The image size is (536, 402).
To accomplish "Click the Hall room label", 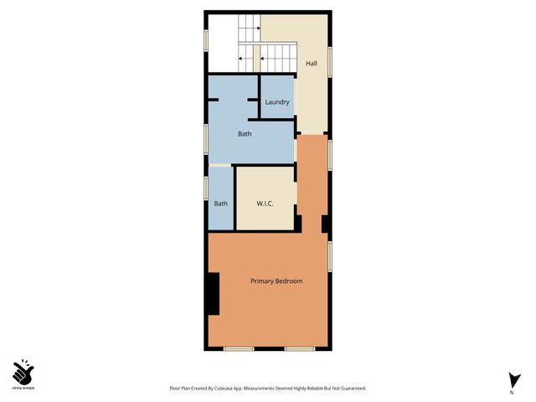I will (312, 64).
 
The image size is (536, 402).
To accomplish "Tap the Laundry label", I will (277, 103).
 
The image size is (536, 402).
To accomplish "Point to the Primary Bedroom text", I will (276, 281).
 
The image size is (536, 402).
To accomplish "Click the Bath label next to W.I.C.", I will (221, 204).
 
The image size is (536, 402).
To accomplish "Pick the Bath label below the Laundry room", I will (245, 134).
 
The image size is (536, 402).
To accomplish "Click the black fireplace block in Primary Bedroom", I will (213, 294).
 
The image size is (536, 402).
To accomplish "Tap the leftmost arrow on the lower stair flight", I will (242, 59).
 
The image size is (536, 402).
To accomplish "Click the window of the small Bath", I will (206, 188).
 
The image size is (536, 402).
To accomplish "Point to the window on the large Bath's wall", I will (206, 137).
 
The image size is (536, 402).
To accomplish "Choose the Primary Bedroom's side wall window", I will (330, 256).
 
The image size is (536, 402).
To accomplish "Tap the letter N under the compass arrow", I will (511, 392).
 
